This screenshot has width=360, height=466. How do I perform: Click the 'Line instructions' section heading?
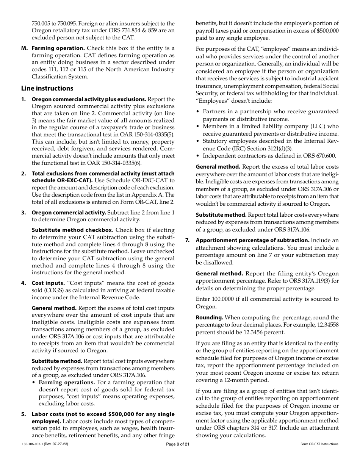(x=47, y=88)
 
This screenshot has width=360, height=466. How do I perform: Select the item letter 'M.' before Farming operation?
(x=25, y=48)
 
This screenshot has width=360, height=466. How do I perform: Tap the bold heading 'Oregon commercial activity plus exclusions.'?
(x=89, y=99)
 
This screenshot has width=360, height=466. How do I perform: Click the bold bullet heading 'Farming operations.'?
(x=67, y=382)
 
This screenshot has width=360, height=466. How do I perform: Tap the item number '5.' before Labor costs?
(x=23, y=414)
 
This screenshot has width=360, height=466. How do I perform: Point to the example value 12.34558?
(x=327, y=325)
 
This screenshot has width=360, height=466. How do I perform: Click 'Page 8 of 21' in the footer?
(x=178, y=444)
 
